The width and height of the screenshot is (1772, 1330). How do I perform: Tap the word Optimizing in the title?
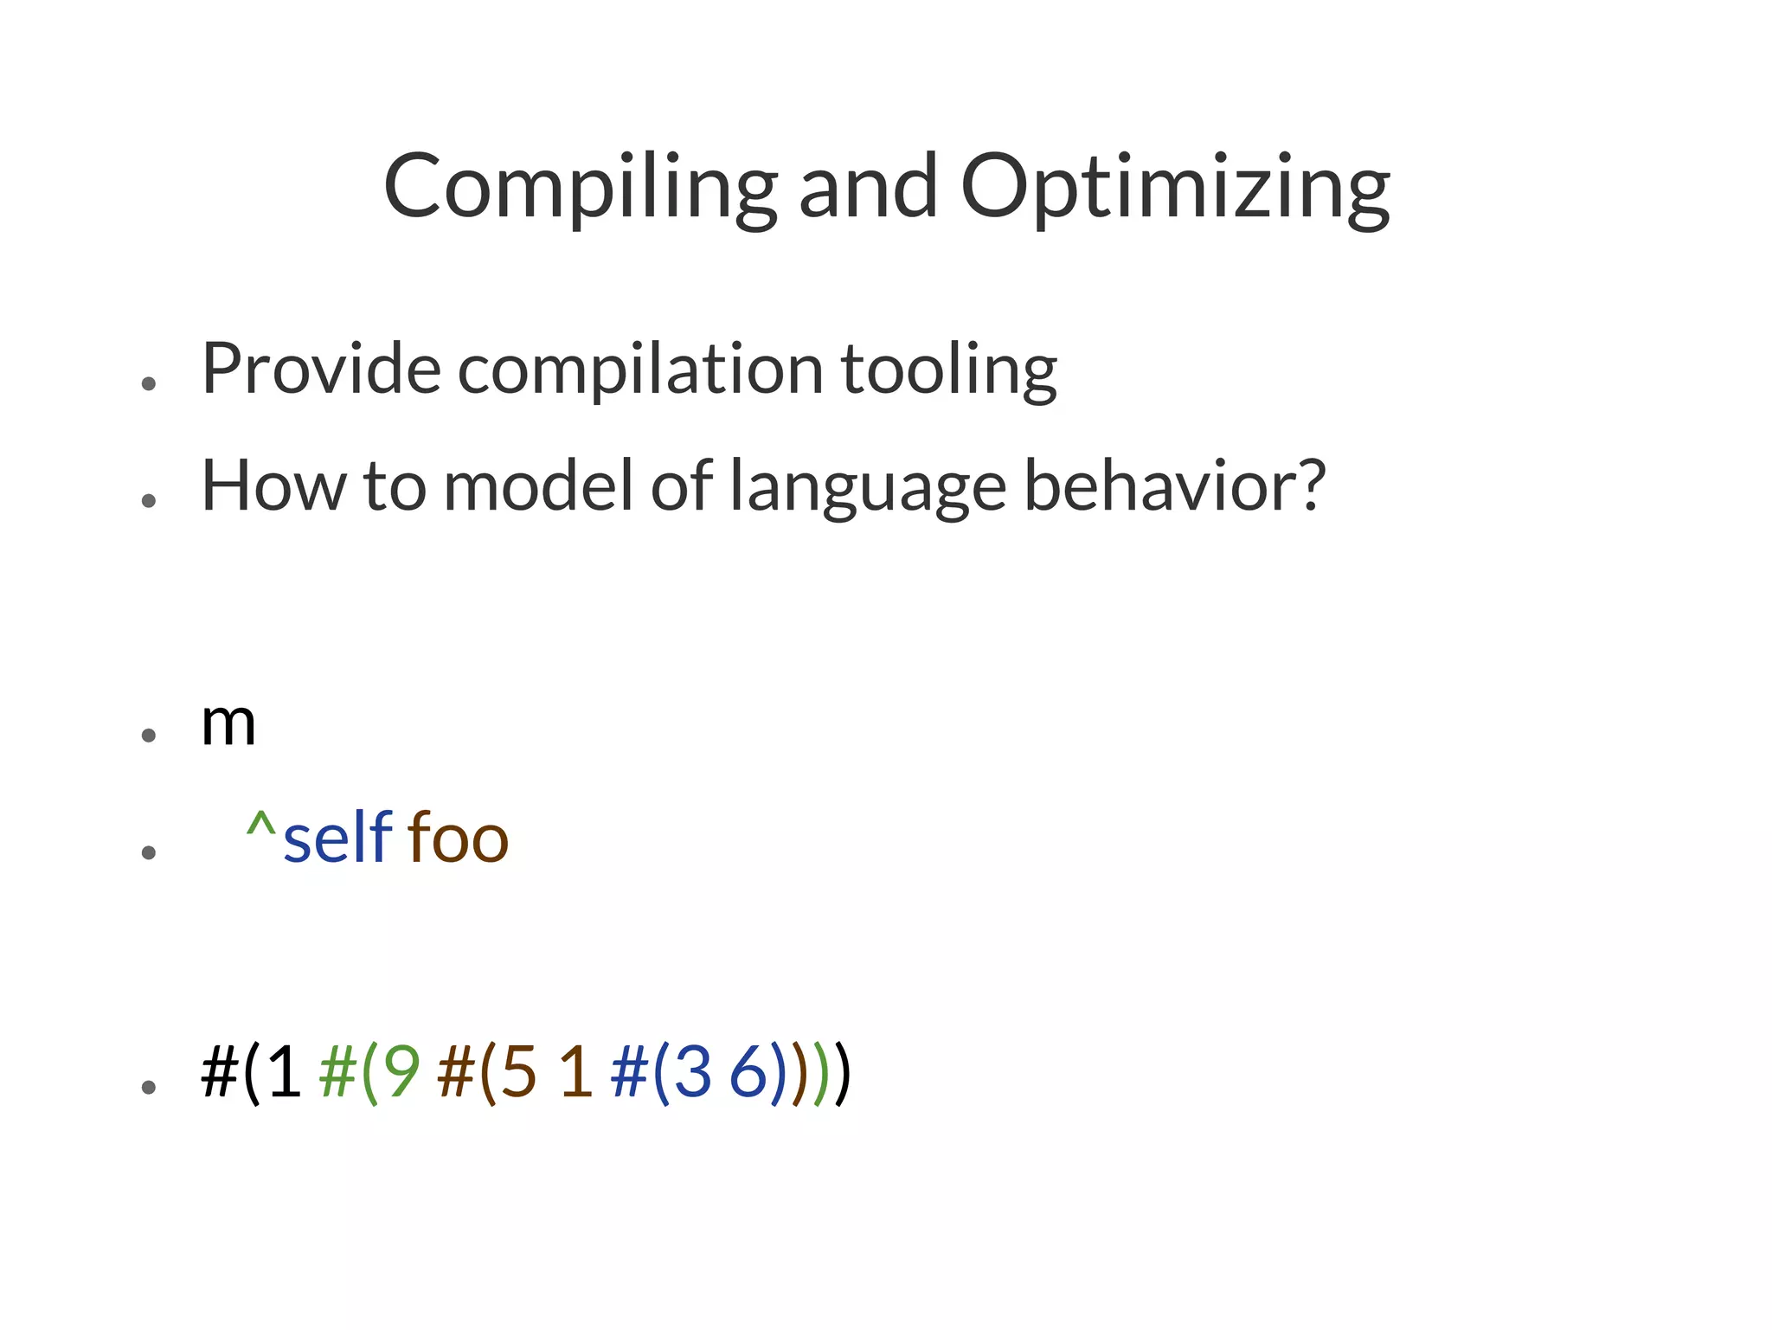[1175, 188]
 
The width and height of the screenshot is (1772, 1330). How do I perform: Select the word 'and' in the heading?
[868, 188]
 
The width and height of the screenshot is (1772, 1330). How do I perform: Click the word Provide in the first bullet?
[321, 369]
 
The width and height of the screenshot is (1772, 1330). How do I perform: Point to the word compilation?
[639, 369]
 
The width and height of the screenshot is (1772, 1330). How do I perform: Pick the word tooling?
[949, 369]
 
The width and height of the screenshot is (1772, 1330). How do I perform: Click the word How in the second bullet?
[273, 486]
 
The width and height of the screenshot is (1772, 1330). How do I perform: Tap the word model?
[538, 486]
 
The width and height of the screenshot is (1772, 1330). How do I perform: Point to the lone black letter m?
[228, 725]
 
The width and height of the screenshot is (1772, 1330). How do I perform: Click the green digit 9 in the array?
[401, 1072]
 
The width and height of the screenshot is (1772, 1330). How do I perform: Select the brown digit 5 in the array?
[518, 1072]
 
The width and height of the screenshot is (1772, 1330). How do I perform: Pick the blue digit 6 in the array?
[749, 1072]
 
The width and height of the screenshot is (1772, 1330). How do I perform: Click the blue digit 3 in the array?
[692, 1072]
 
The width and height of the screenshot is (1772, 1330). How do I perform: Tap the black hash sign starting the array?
[220, 1072]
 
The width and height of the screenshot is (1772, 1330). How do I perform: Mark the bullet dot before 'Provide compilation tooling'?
[149, 384]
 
